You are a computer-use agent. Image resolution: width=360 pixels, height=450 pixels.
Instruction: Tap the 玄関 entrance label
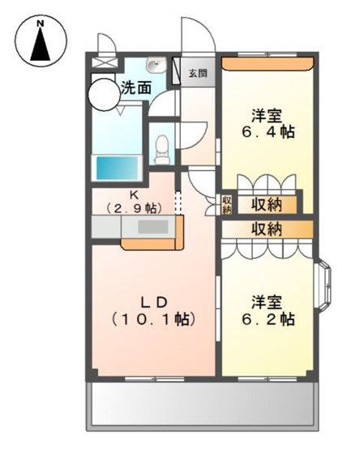coord(198,74)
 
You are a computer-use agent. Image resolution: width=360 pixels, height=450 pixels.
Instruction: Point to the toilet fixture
coord(161,147)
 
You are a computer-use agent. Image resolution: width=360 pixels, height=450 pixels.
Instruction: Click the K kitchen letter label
coord(135,195)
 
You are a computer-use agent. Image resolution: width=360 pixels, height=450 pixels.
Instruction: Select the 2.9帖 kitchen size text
coord(135,208)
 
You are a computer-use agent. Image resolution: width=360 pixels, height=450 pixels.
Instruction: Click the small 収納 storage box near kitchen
coord(227,204)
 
